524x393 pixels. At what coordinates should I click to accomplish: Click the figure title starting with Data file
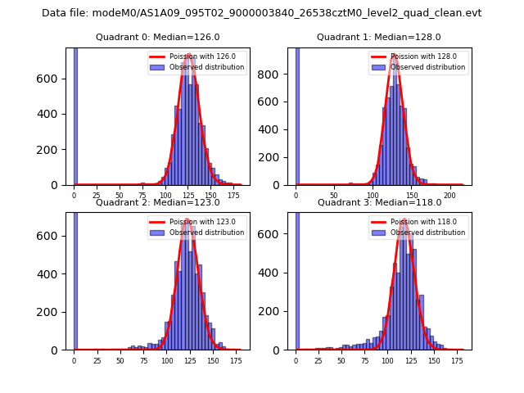click(261, 13)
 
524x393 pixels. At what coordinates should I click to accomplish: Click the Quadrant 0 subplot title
click(157, 37)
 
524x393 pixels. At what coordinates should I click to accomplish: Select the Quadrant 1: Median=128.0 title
click(379, 37)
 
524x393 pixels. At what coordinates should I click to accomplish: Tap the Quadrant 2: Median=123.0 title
click(157, 202)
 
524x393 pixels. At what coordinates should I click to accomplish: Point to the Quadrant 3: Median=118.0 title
click(379, 202)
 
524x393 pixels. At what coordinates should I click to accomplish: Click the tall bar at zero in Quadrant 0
click(75, 115)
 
